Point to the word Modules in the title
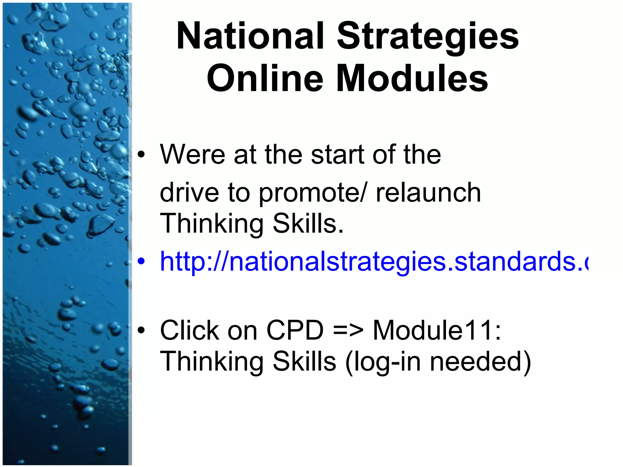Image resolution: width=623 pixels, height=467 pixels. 412,78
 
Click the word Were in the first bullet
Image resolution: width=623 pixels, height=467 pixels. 192,155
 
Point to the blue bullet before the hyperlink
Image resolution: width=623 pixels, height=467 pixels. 141,261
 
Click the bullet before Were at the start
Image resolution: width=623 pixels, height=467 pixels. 141,155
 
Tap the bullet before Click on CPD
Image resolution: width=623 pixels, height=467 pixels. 141,330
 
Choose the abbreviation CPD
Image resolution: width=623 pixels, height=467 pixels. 295,330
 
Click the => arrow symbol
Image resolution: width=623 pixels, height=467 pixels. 348,330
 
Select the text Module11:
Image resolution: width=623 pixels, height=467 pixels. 437,330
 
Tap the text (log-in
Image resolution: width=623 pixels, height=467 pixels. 383,362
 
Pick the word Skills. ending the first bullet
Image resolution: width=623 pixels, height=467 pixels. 308,223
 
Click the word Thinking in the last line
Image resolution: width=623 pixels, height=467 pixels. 212,362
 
